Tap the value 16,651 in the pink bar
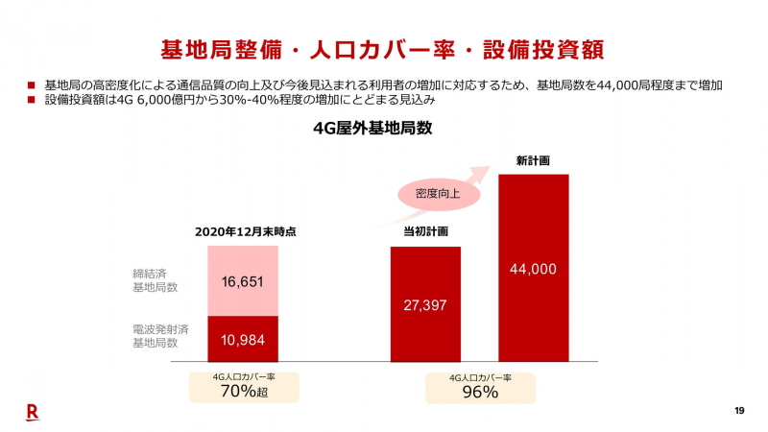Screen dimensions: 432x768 point(242,281)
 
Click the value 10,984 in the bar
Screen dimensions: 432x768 point(242,339)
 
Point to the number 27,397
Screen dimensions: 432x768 point(424,304)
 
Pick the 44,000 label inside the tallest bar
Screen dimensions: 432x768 point(533,270)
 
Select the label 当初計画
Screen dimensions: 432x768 point(425,231)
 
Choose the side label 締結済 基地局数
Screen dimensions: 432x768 point(155,280)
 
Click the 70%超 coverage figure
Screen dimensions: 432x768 point(244,392)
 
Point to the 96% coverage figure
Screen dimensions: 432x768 point(479,392)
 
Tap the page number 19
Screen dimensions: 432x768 point(739,412)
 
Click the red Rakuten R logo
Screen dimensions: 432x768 point(32,412)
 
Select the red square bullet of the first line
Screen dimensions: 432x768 point(32,85)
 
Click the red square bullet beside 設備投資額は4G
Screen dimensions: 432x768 point(32,100)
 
